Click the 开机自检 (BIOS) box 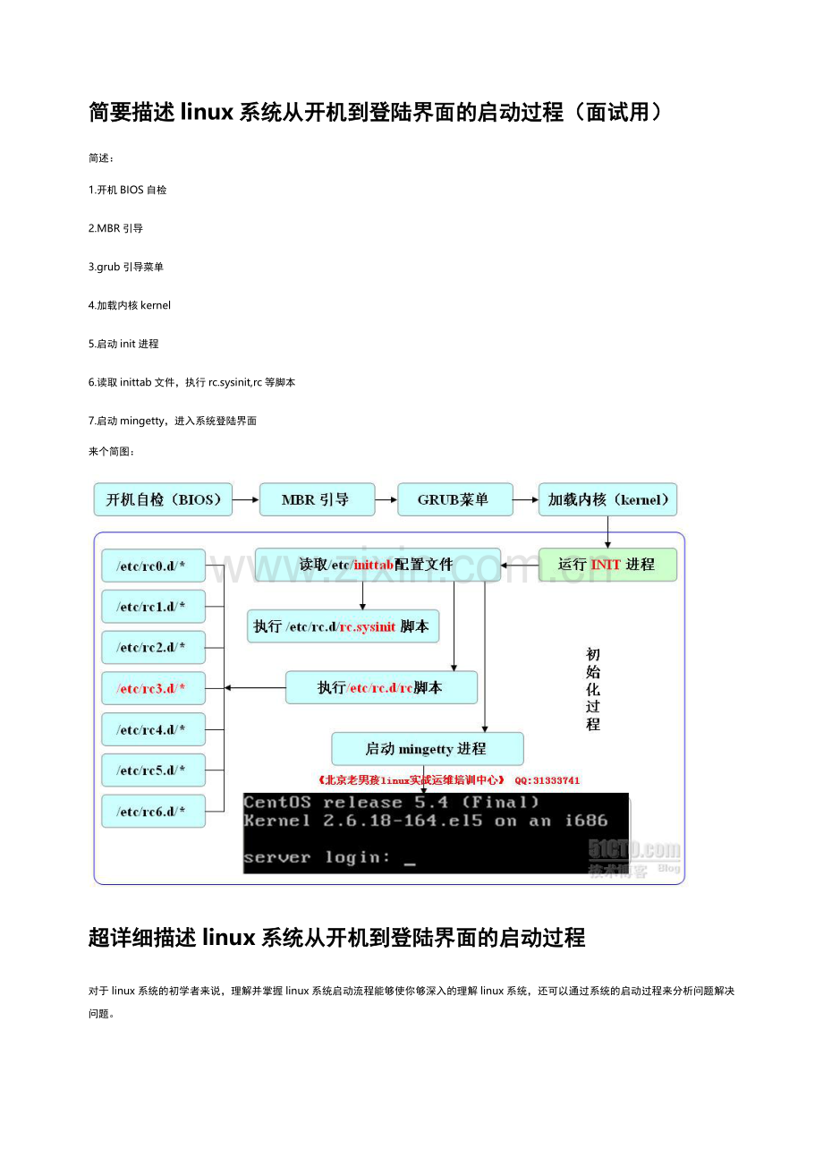pos(163,499)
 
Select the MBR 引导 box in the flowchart pos(317,499)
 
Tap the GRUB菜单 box pos(454,499)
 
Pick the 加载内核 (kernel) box pos(607,499)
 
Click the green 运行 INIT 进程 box pos(607,565)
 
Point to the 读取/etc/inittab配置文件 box pos(378,565)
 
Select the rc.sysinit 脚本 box pos(343,626)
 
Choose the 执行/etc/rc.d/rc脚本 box pos(381,687)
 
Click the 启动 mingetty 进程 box pos(427,748)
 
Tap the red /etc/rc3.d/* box pos(153,688)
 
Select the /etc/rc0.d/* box pos(153,566)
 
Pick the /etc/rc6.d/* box pos(153,811)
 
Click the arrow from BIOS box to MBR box pos(245,499)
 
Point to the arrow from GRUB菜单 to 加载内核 pos(525,499)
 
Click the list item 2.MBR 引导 pos(115,228)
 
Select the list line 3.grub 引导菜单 pos(126,267)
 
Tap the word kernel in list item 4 pos(156,305)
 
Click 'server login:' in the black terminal pos(317,856)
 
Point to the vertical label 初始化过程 pos(593,689)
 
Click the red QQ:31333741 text pos(547,780)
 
